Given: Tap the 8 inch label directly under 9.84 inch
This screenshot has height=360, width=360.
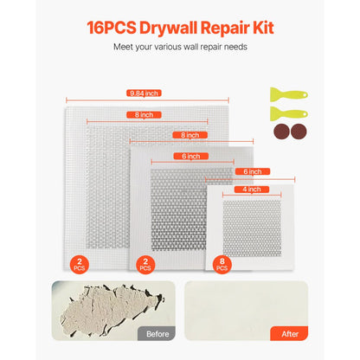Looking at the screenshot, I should [145, 114].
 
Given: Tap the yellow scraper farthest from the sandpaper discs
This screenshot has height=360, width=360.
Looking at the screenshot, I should [287, 91].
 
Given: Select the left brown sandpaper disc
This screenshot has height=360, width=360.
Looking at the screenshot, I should [281, 132].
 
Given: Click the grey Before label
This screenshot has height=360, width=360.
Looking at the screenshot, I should [155, 333].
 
